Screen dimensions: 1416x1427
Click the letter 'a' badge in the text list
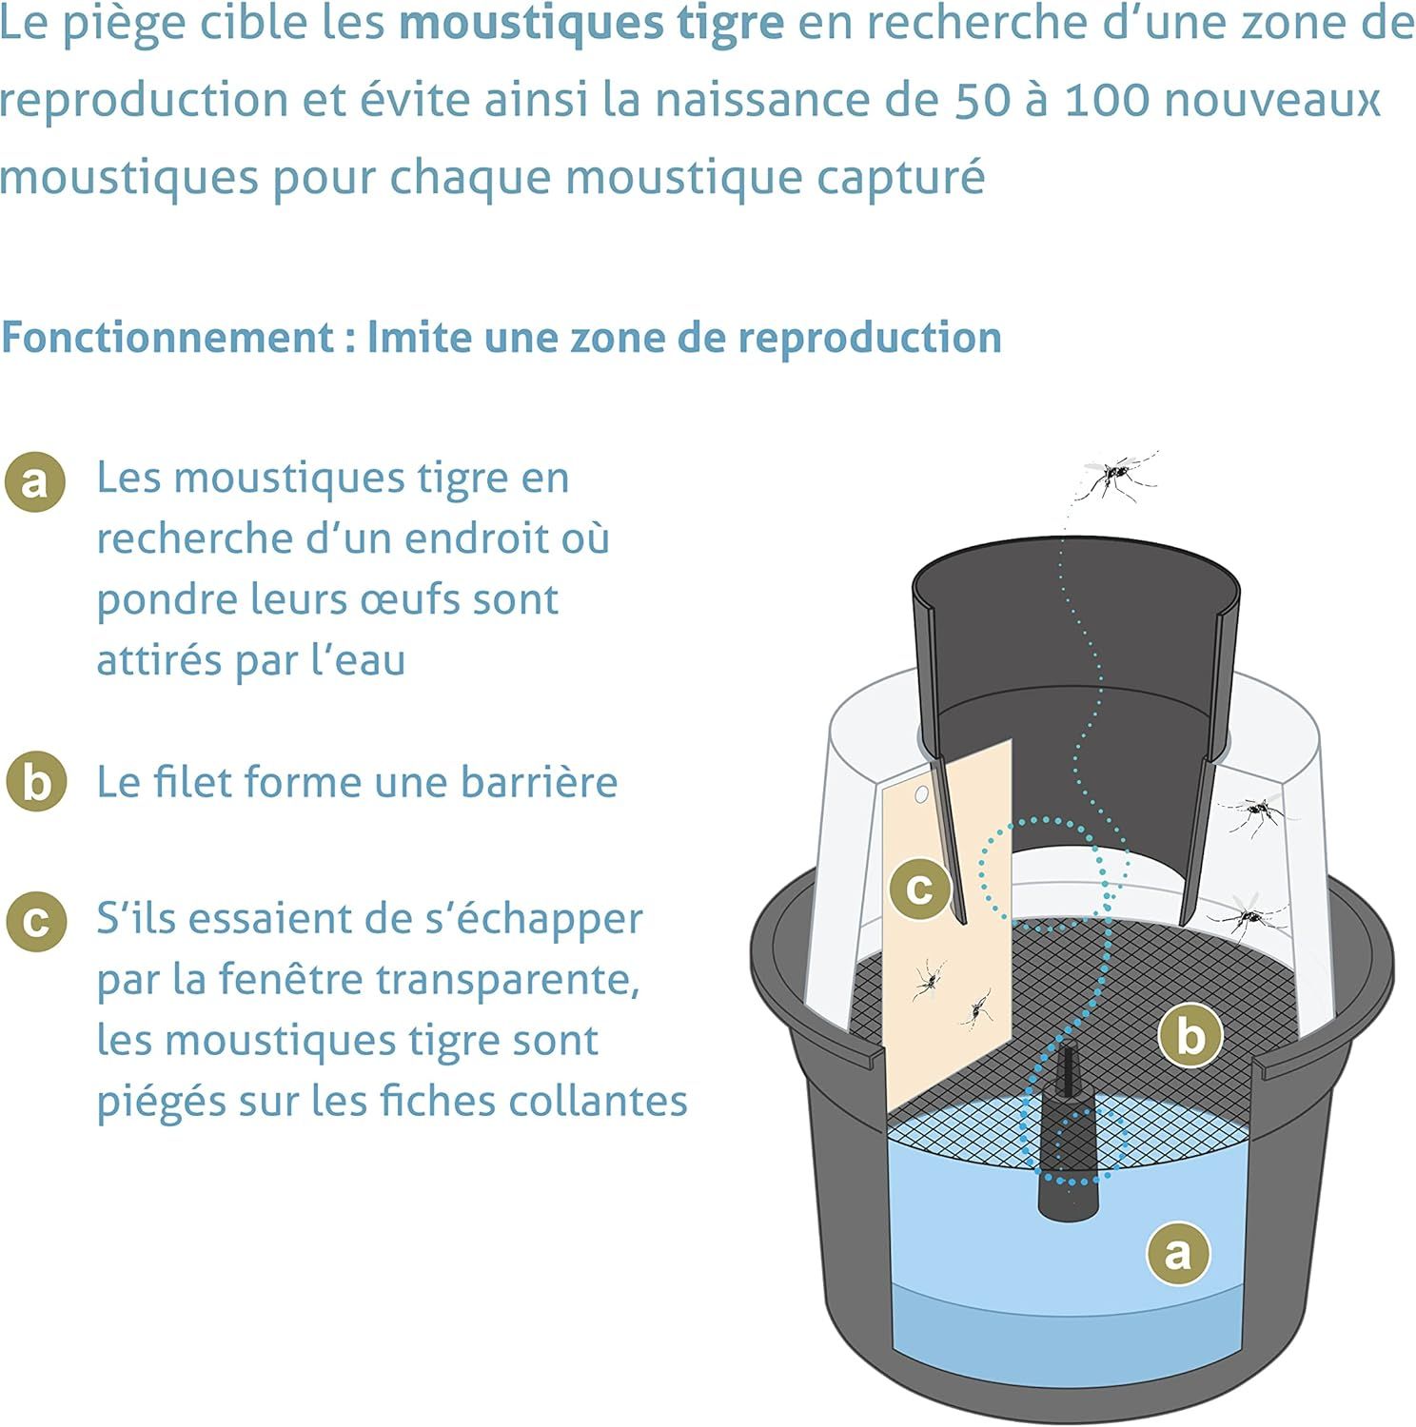pos(34,482)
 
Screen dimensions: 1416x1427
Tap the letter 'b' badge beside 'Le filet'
pos(36,782)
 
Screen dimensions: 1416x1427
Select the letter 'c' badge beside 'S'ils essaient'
pos(36,920)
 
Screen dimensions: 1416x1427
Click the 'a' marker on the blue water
pos(1178,1252)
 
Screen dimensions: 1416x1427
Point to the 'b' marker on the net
pos(1190,1035)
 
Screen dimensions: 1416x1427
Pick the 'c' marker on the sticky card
pos(919,888)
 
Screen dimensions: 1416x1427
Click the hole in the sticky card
pos(920,794)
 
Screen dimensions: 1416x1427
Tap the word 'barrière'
pos(539,782)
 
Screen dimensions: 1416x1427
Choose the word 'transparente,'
pos(518,980)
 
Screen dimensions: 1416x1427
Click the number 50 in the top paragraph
pos(981,100)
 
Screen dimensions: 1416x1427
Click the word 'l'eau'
pos(359,660)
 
